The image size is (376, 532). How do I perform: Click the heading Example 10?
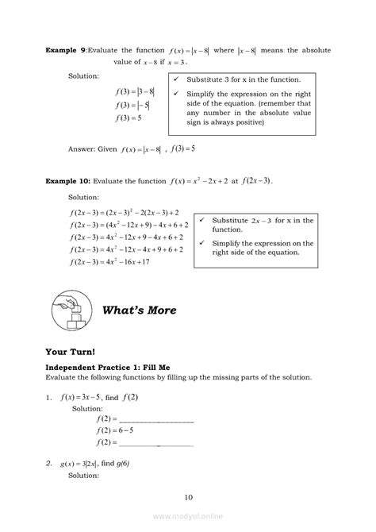point(69,181)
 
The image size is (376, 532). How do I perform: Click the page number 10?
point(188,498)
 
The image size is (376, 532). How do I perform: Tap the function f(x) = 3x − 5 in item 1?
point(80,396)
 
